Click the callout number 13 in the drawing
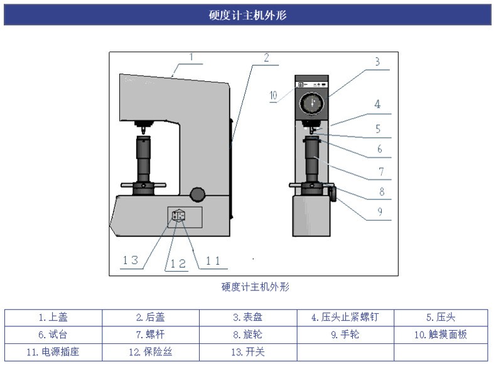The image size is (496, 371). [x=131, y=260]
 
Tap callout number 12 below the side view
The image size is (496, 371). [x=178, y=263]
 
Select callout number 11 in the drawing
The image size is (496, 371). [x=213, y=261]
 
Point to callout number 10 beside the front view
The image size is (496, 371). [x=273, y=96]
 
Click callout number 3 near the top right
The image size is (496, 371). [x=377, y=62]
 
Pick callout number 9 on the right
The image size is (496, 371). [x=380, y=212]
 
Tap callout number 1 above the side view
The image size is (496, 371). [x=191, y=57]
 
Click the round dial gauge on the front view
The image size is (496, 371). [x=312, y=103]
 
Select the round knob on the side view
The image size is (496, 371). [x=198, y=194]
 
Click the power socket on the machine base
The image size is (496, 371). [x=178, y=216]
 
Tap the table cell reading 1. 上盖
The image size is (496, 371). [x=53, y=318]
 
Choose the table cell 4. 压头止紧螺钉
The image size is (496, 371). [x=345, y=318]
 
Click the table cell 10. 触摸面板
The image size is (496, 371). [x=441, y=335]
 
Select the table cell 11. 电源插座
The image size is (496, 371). [x=53, y=352]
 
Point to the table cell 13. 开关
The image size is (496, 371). [x=248, y=352]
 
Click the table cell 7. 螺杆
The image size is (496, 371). [x=151, y=335]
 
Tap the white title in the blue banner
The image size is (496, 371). [x=247, y=15]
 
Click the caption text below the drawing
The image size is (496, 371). [x=256, y=287]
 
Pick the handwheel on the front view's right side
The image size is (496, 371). [x=333, y=192]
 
